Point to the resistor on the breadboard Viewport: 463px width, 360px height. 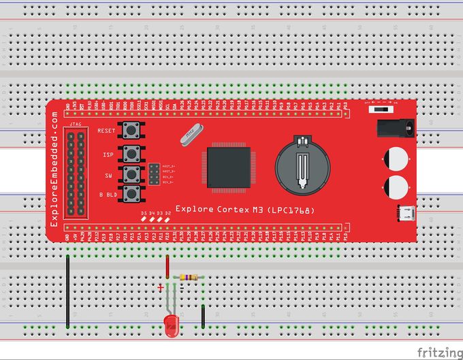coord(188,277)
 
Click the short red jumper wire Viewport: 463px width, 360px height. coord(167,267)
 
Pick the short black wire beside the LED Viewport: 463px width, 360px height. coord(204,316)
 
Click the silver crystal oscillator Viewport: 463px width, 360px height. coord(191,135)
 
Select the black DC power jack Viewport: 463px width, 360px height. coord(395,128)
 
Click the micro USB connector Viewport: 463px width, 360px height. coord(406,213)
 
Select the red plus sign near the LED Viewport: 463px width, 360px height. coord(161,289)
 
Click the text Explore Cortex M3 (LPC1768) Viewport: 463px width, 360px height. coord(244,209)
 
